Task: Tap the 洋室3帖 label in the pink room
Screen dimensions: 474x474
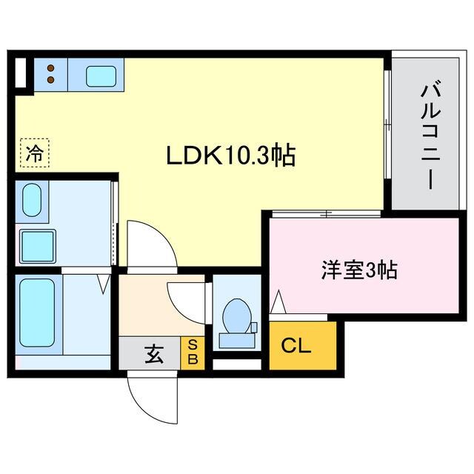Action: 359,270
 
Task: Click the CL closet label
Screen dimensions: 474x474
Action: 294,346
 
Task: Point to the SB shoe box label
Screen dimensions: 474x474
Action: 192,353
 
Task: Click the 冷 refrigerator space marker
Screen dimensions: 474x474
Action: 34,154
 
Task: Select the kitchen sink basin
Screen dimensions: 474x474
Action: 99,76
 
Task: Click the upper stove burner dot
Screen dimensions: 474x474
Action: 50,67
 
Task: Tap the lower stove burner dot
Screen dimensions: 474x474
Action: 50,80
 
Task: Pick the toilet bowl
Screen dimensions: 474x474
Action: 236,317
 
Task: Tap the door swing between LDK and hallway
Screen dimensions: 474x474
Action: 150,244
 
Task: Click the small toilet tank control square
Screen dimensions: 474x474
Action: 253,327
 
